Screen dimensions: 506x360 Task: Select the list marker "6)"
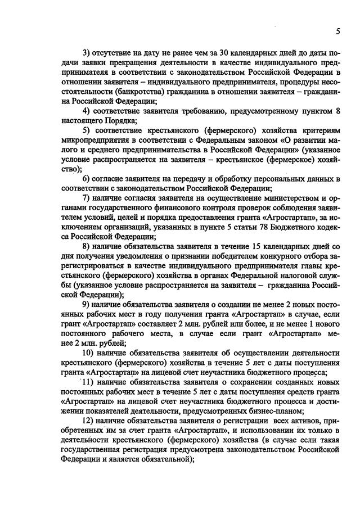tap(86, 179)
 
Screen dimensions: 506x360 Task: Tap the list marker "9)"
tap(86, 304)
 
